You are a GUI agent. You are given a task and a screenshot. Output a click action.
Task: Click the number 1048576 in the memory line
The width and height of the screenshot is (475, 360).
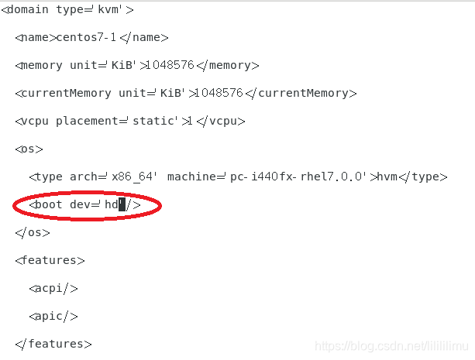pyautogui.click(x=171, y=65)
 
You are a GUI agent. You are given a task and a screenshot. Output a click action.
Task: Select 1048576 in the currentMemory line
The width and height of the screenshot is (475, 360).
pyautogui.click(x=219, y=93)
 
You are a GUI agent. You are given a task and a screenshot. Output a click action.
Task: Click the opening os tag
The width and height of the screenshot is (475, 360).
pyautogui.click(x=29, y=149)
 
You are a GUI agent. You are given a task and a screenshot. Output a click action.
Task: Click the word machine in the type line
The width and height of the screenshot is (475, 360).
pyautogui.click(x=191, y=177)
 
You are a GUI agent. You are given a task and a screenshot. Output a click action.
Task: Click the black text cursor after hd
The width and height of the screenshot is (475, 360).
pyautogui.click(x=122, y=205)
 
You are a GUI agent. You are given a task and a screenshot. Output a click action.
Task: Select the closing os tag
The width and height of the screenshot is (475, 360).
pyautogui.click(x=32, y=232)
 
